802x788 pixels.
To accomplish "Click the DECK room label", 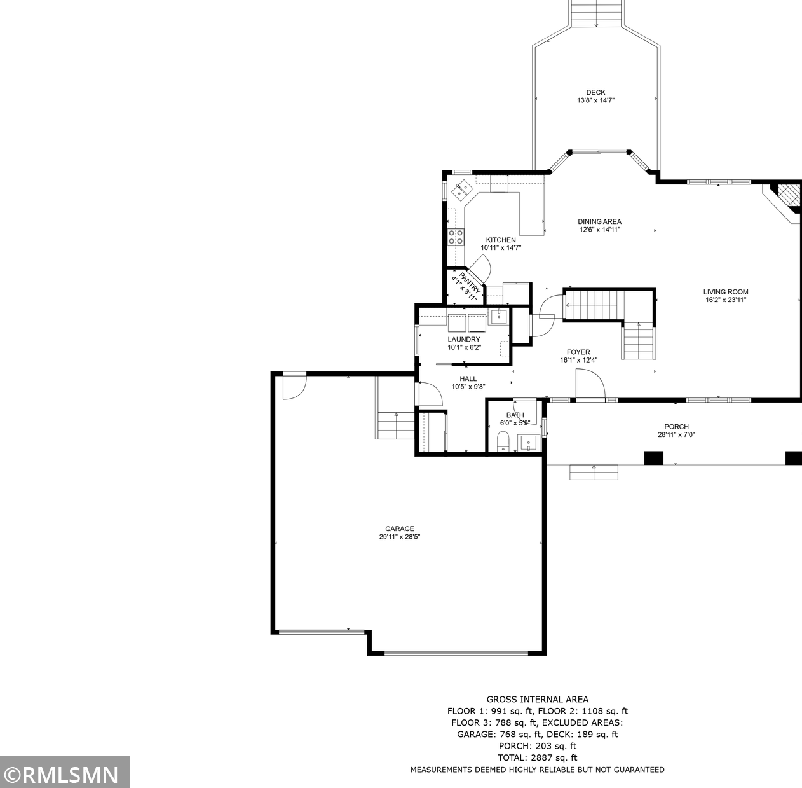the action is click(x=595, y=92).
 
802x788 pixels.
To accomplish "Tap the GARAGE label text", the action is click(x=400, y=529).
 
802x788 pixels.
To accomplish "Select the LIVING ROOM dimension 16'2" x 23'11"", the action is click(x=726, y=300).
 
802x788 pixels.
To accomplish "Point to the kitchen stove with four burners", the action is click(x=456, y=237).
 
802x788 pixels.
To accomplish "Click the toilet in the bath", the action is click(x=503, y=441).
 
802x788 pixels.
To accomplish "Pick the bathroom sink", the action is click(x=529, y=443).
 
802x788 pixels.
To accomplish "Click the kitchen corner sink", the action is click(x=462, y=190).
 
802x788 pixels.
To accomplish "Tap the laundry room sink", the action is click(x=498, y=317).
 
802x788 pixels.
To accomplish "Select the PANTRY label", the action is click(x=470, y=282).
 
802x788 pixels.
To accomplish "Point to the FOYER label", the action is click(x=578, y=352).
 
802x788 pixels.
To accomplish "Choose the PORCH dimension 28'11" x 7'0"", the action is click(x=676, y=434).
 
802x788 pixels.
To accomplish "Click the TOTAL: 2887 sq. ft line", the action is click(x=537, y=757).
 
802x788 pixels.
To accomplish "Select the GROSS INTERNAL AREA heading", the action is click(x=537, y=700).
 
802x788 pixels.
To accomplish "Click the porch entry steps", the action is click(x=594, y=473).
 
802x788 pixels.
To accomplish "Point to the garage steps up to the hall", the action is click(x=396, y=425).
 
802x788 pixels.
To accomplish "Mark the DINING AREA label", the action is click(x=599, y=222).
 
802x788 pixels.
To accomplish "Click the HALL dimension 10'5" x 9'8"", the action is click(x=468, y=387).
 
